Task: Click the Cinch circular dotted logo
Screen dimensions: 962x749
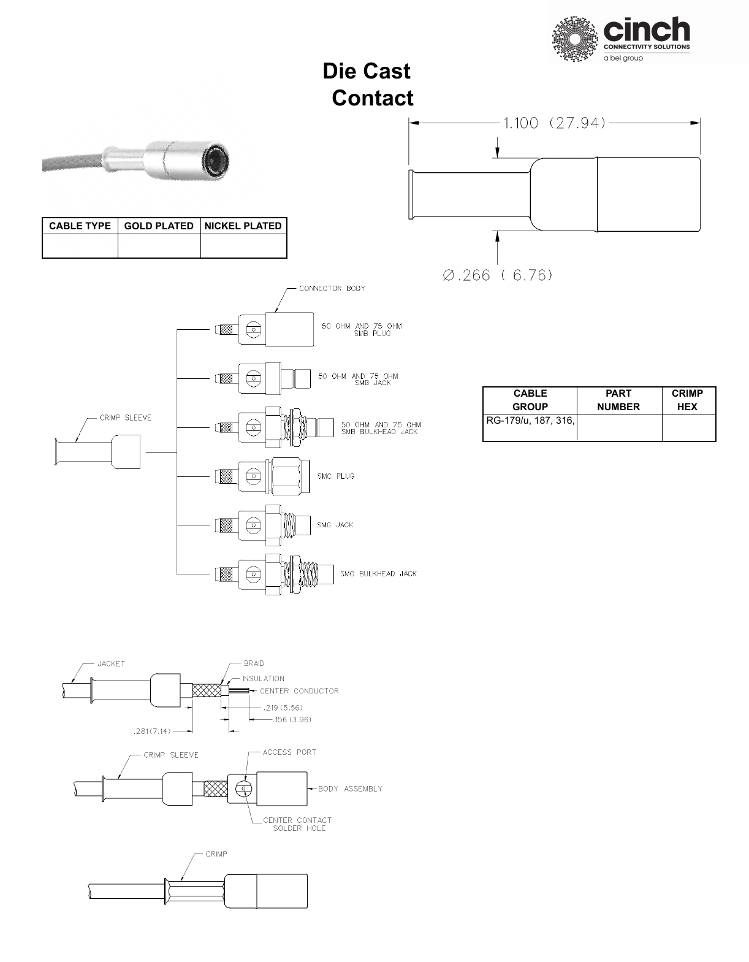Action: (x=574, y=39)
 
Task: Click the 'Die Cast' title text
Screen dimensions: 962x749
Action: (x=367, y=71)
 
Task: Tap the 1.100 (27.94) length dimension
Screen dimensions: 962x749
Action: (x=554, y=123)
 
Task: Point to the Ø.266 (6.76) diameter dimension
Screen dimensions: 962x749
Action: (x=498, y=275)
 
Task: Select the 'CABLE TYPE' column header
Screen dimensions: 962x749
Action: (x=80, y=226)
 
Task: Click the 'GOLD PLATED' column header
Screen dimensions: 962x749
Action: (x=159, y=226)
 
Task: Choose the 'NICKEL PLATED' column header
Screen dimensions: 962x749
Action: (x=243, y=226)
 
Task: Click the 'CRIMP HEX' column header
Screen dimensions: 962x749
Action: (x=687, y=400)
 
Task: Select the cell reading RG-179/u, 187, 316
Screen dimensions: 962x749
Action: (x=530, y=421)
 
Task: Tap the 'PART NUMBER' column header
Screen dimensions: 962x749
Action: (x=618, y=400)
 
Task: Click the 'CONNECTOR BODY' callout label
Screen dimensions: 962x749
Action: (x=332, y=288)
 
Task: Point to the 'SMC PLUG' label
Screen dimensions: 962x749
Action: (x=336, y=476)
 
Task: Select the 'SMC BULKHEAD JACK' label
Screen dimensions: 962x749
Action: (x=378, y=574)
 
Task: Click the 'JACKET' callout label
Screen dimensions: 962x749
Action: (x=111, y=663)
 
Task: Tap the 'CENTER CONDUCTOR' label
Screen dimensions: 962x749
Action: (x=299, y=691)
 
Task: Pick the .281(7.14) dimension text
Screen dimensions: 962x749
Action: (x=152, y=731)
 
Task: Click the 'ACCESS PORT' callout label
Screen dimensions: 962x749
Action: (x=289, y=752)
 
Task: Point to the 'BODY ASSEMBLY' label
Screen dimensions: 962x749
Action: (x=350, y=789)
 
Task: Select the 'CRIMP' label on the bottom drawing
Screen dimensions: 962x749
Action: (x=216, y=854)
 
